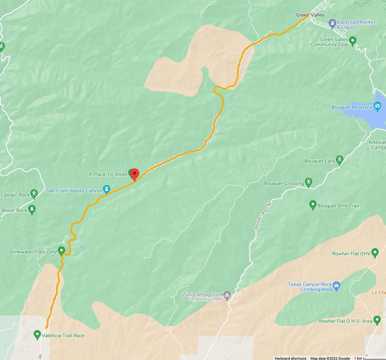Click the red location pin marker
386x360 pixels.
135,174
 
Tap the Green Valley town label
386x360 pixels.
310,15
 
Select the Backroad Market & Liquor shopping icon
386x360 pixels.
333,24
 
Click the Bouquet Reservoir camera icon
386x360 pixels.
377,106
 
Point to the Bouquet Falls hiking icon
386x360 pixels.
339,159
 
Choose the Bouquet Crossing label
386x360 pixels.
284,183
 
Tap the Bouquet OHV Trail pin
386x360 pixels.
313,205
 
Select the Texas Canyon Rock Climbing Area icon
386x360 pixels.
336,286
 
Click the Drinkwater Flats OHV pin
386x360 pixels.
61,250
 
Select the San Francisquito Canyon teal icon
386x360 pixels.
106,189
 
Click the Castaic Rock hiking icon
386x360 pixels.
34,194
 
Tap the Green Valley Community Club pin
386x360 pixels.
353,40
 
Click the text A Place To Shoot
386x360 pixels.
108,174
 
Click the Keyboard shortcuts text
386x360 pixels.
290,358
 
